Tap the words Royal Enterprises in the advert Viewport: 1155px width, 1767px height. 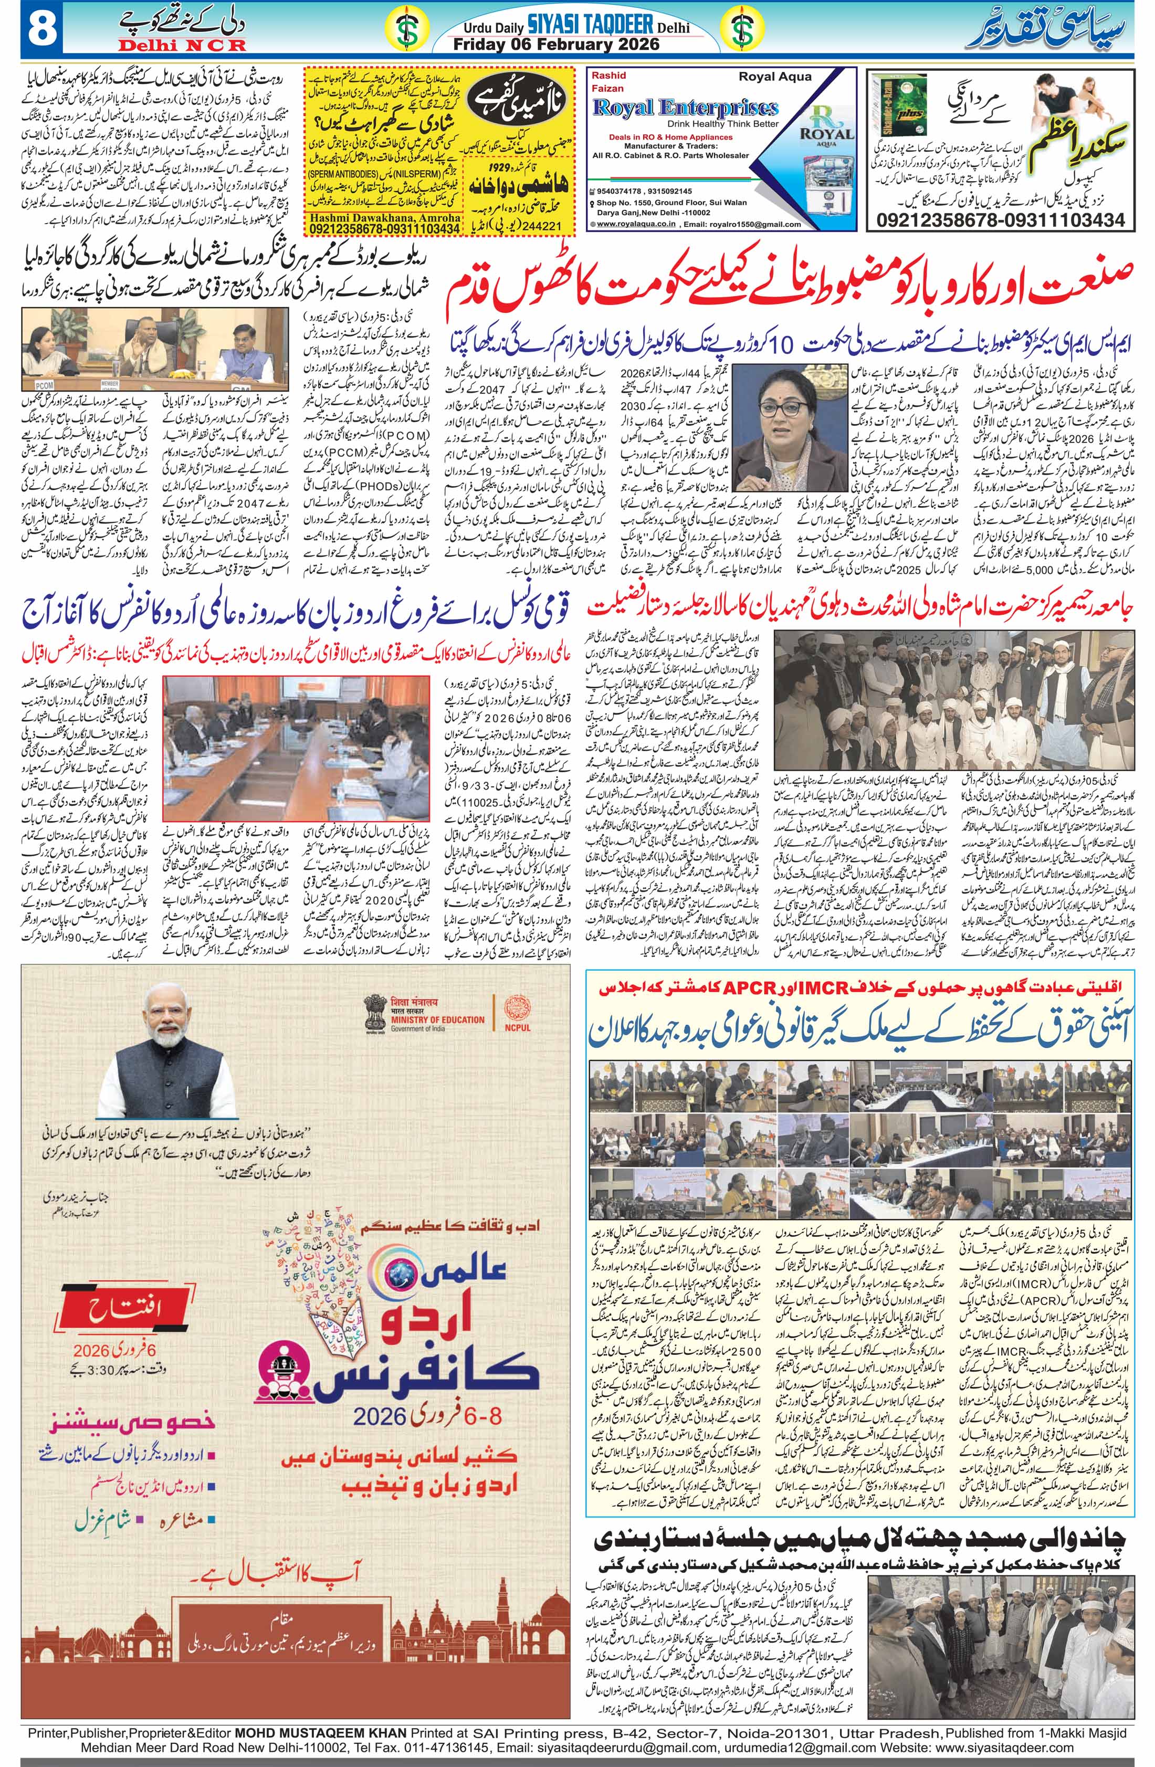[685, 108]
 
